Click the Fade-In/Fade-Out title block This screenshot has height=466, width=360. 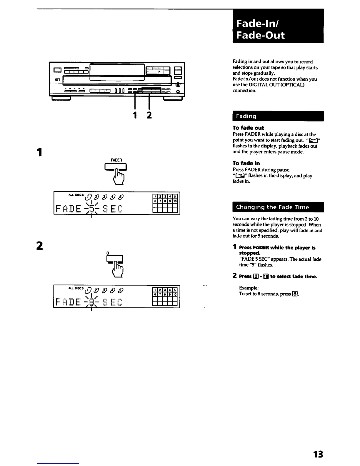278,26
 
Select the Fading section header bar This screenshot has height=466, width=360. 278,116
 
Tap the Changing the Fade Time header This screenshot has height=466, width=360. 278,207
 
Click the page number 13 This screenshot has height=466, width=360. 318,454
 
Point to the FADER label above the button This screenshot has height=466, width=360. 116,160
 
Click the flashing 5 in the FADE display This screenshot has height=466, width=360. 92,209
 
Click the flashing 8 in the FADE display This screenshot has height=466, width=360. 92,302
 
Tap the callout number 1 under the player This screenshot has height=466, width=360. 135,115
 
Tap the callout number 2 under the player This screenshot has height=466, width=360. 149,115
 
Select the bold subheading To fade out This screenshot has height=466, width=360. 248,128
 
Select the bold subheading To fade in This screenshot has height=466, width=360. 246,163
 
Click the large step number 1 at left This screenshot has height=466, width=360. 39,152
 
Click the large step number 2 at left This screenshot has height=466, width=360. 39,246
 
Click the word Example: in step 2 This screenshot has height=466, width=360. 249,288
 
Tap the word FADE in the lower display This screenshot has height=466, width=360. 68,302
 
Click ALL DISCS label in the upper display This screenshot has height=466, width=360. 76,195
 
